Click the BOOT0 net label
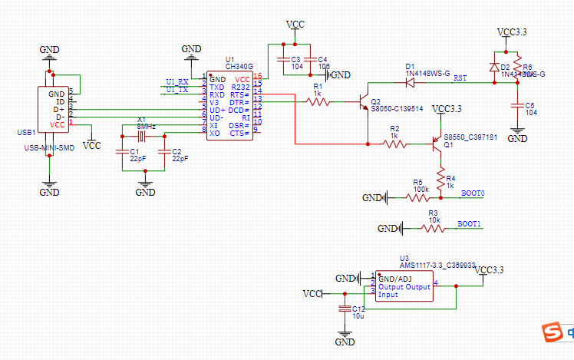(473, 193)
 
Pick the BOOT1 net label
(469, 224)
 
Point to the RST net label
(460, 78)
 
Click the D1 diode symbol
(410, 81)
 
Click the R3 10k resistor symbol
(434, 229)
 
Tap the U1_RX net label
(177, 81)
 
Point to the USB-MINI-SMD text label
(50, 147)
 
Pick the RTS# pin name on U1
(239, 94)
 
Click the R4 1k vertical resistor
(440, 180)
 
